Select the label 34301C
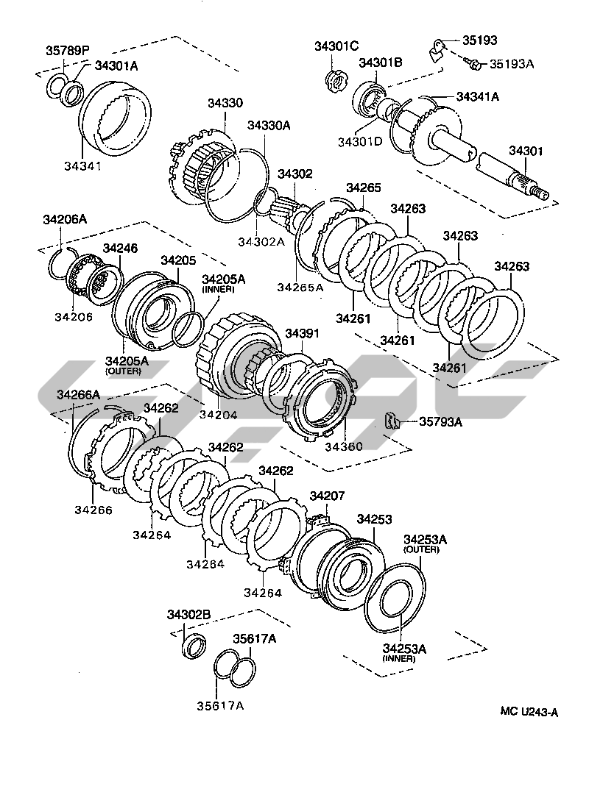pos(336,46)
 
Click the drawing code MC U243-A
pos(529,711)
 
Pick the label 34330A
pos(269,125)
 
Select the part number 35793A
pos(440,421)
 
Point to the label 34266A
pos(78,395)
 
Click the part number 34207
pos(327,496)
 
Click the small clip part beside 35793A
pos(393,421)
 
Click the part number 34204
pos(218,415)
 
